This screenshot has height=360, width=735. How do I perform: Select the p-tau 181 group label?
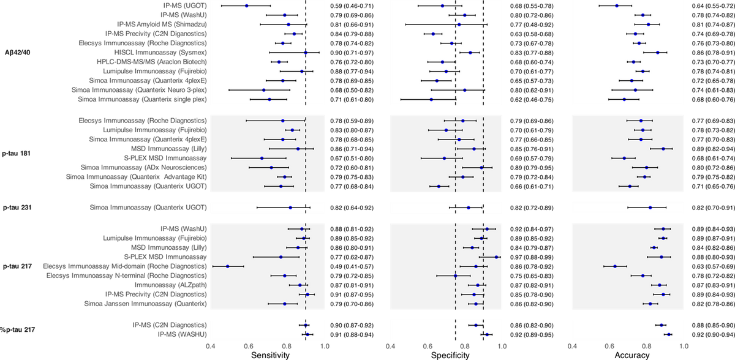(17, 153)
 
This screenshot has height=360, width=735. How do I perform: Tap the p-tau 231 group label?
(17, 208)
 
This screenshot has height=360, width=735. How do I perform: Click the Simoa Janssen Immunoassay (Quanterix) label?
(146, 304)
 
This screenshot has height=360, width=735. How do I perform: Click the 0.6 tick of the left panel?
(249, 348)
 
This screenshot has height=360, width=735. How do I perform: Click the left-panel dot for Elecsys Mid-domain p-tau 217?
(228, 266)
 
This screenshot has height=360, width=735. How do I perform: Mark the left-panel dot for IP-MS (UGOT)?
(247, 6)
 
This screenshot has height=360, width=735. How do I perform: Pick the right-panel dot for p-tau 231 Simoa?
(650, 208)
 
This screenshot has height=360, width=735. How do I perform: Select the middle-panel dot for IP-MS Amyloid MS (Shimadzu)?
(459, 24)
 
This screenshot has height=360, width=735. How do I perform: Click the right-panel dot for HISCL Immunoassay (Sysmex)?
(658, 53)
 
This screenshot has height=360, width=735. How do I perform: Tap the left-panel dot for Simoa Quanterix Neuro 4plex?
(264, 90)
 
